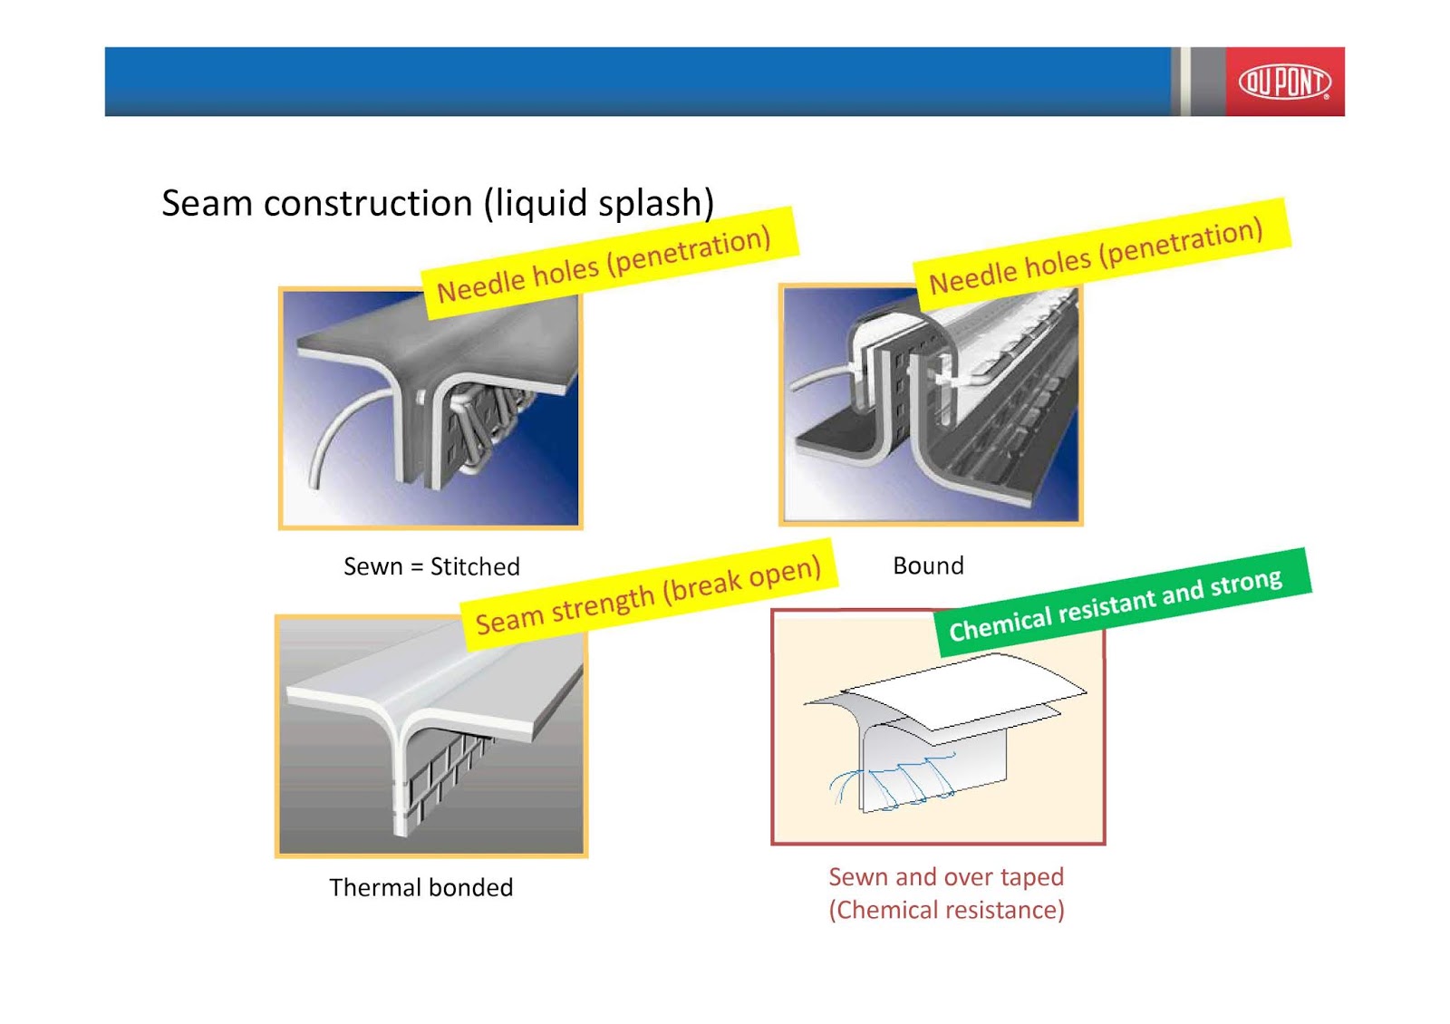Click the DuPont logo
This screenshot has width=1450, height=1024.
1284,82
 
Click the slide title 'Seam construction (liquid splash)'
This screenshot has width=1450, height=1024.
438,203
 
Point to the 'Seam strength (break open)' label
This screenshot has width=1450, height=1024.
648,597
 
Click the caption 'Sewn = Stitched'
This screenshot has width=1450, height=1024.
431,567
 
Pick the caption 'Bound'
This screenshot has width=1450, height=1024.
928,566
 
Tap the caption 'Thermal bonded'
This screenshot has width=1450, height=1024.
420,888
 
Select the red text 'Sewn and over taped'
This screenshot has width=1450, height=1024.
946,877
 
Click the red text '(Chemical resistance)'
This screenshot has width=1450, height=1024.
946,910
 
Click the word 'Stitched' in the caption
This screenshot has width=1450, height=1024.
475,567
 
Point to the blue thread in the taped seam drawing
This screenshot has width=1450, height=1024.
906,781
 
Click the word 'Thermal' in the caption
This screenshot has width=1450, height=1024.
372,888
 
